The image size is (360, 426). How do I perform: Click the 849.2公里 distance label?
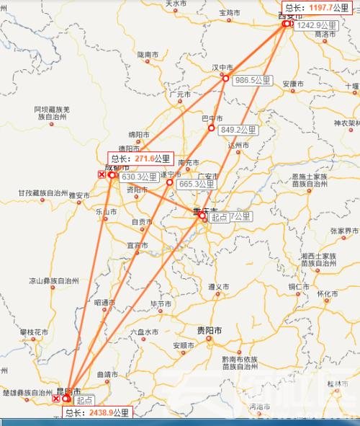pos(239,130)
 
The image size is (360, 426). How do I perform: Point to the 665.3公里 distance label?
pos(197,184)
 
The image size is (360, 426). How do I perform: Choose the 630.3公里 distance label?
pos(140,177)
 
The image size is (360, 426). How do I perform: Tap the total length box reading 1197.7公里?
pos(318,7)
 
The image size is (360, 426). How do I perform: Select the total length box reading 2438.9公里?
pos(97,413)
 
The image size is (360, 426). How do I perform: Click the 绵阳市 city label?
pos(138,134)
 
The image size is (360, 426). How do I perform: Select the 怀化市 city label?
pos(328,293)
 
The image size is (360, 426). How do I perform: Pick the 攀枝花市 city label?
pos(33,332)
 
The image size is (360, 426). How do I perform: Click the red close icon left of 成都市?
pos(102,174)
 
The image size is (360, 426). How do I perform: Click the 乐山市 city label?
pos(106,212)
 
